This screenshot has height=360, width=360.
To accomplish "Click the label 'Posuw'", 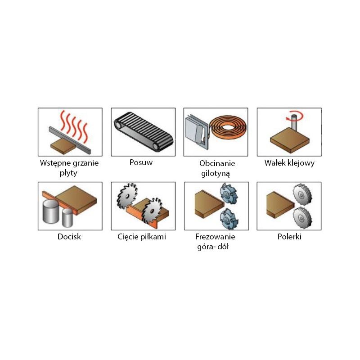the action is (x=141, y=162).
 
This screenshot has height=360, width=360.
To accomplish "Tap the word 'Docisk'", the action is (x=69, y=237).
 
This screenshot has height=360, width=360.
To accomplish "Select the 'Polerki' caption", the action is (x=289, y=237).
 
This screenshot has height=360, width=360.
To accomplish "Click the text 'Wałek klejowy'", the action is (x=289, y=163).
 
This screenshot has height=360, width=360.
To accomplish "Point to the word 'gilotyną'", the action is (x=216, y=173).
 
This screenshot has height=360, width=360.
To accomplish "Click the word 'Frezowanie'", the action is (x=215, y=237).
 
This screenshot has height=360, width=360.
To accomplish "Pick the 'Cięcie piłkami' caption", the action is (x=142, y=237).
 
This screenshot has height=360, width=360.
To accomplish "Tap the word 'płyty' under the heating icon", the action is (x=68, y=173).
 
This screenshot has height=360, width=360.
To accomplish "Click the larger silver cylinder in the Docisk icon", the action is (x=51, y=211).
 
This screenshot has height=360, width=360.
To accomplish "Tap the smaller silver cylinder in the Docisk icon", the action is (x=68, y=217).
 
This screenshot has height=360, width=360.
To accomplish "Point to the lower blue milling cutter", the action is (x=229, y=219).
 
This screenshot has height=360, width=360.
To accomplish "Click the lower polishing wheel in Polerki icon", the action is (x=301, y=218).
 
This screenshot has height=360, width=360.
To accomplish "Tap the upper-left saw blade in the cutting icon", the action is (x=127, y=196).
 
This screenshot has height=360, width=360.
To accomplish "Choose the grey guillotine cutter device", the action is (x=197, y=131).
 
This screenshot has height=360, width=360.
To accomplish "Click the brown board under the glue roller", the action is (x=290, y=139).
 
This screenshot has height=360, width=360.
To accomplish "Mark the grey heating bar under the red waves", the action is (x=70, y=140).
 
